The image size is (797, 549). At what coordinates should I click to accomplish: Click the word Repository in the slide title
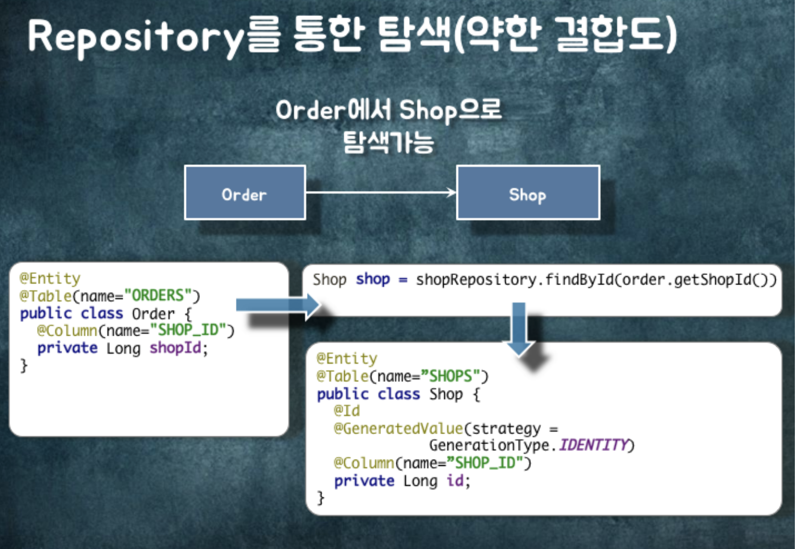pyautogui.click(x=135, y=37)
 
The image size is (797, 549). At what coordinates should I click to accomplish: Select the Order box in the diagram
pyautogui.click(x=244, y=193)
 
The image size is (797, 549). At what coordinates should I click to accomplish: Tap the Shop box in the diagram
pyautogui.click(x=528, y=193)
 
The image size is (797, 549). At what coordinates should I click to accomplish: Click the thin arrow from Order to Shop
pyautogui.click(x=380, y=193)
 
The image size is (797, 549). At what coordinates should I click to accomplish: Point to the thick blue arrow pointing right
pyautogui.click(x=277, y=305)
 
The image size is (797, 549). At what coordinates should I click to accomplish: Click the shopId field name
pyautogui.click(x=175, y=348)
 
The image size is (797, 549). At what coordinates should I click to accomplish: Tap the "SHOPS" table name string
pyautogui.click(x=451, y=376)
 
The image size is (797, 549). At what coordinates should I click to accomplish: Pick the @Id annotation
pyautogui.click(x=346, y=411)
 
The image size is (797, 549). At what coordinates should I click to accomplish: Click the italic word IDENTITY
pyautogui.click(x=593, y=445)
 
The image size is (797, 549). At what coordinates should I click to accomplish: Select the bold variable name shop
pyautogui.click(x=373, y=279)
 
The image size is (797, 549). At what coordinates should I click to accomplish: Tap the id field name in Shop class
pyautogui.click(x=455, y=480)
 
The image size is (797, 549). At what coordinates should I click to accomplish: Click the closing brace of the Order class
pyautogui.click(x=23, y=365)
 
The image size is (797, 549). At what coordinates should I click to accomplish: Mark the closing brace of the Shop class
pyautogui.click(x=320, y=498)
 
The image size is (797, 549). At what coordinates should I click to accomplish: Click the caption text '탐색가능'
pyautogui.click(x=388, y=142)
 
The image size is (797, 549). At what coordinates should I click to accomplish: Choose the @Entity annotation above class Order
pyautogui.click(x=50, y=278)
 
